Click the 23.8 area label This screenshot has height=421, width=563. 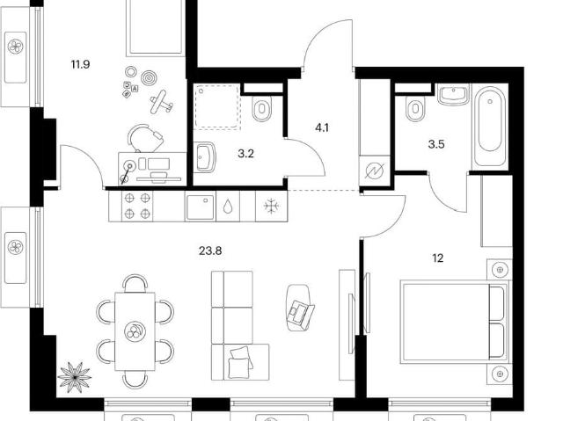click(x=210, y=251)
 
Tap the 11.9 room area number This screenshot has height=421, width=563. click(x=80, y=65)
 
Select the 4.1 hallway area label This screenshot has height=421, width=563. click(x=322, y=127)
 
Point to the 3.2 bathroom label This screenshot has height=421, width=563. click(x=245, y=154)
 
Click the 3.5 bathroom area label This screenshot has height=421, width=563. click(x=436, y=144)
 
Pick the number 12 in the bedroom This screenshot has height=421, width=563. click(x=438, y=258)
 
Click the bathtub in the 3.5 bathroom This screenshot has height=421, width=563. click(x=490, y=126)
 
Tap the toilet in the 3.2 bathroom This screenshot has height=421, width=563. click(x=262, y=107)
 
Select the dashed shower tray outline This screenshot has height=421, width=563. click(x=217, y=106)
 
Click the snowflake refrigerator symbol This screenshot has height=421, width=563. click(x=271, y=206)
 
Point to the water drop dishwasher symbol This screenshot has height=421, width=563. click(x=228, y=207)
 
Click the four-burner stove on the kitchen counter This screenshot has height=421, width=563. click(x=137, y=206)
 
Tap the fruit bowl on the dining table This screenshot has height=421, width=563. click(x=135, y=330)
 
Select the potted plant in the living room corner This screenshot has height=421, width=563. click(x=74, y=377)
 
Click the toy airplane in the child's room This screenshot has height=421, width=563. click(x=161, y=102)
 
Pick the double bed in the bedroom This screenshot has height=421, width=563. click(x=455, y=322)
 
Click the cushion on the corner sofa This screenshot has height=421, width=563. click(x=240, y=362)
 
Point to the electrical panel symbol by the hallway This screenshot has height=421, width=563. click(x=375, y=171)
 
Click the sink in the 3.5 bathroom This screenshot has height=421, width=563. click(x=453, y=94)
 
